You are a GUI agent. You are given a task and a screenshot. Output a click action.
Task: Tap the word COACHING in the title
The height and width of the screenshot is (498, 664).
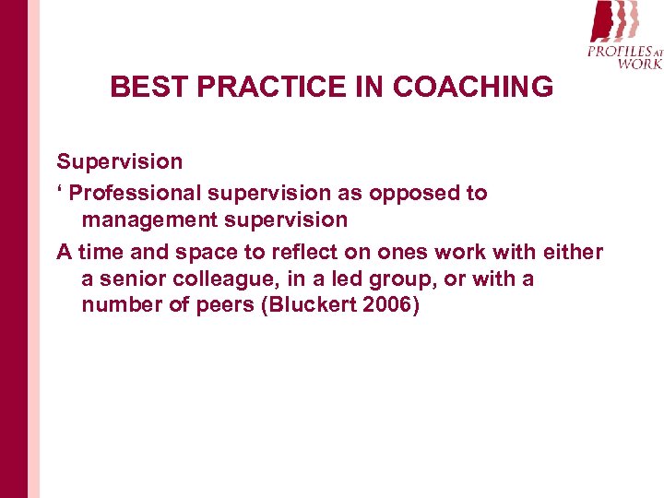click(x=473, y=88)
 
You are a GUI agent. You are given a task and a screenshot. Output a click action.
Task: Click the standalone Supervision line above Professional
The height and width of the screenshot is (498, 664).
click(x=120, y=162)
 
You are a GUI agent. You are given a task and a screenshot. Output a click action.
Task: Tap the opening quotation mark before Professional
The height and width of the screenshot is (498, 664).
click(x=60, y=191)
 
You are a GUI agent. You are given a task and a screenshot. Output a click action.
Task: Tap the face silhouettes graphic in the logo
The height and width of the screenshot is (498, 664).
click(x=613, y=21)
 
